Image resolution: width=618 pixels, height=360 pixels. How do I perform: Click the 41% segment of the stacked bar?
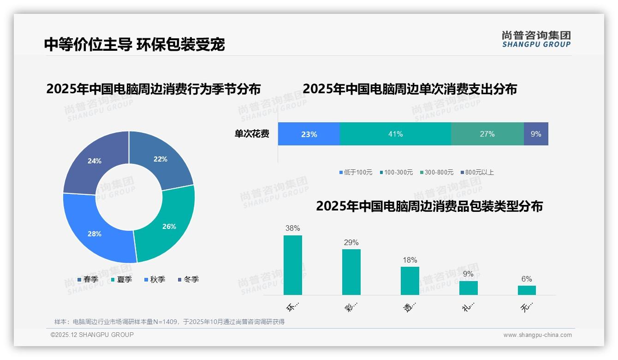(x=395, y=134)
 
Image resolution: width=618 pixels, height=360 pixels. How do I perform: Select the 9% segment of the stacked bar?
(x=536, y=134)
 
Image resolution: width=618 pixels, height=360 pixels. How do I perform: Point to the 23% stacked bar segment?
(x=309, y=134)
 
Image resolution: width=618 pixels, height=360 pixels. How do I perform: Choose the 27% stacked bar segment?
(x=487, y=134)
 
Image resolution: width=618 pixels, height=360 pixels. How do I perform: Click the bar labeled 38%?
(x=293, y=265)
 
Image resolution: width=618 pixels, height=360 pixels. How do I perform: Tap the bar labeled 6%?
(x=527, y=290)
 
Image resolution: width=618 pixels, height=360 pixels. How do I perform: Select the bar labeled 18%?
(x=410, y=281)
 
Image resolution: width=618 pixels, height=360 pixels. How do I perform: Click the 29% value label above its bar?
(x=351, y=242)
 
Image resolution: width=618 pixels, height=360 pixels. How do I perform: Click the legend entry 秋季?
(x=154, y=279)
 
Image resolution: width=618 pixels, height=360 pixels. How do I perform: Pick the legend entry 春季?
(x=88, y=279)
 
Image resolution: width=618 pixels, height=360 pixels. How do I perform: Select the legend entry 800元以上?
(x=477, y=172)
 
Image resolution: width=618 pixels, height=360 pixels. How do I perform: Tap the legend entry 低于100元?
(x=356, y=172)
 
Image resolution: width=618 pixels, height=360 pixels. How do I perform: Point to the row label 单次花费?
(x=252, y=134)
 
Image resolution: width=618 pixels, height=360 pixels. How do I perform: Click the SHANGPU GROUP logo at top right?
(x=536, y=39)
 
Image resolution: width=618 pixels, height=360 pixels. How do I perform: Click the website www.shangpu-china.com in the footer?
(x=537, y=335)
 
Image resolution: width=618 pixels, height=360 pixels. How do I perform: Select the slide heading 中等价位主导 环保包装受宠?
(x=134, y=44)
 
